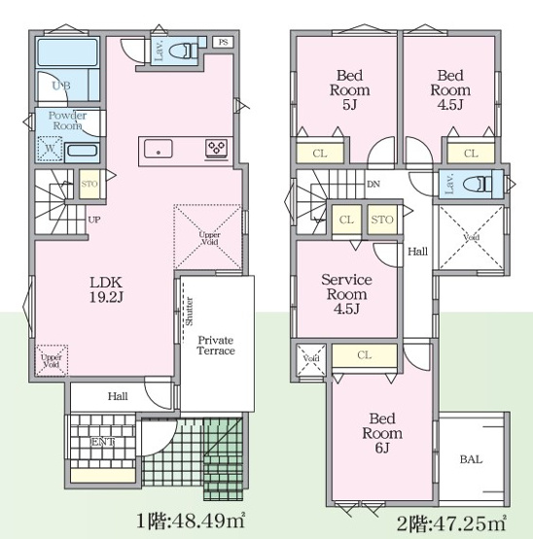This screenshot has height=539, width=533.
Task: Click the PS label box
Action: pyautogui.click(x=223, y=42)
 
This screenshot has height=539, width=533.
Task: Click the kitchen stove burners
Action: pyautogui.click(x=216, y=149)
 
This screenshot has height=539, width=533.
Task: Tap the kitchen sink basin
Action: pyautogui.click(x=158, y=149)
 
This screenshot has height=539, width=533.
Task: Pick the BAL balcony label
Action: pyautogui.click(x=471, y=459)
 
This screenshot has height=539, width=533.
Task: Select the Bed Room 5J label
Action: pyautogui.click(x=350, y=84)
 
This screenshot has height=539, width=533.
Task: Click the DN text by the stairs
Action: pyautogui.click(x=373, y=183)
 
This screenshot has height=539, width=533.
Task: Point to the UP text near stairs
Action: pyautogui.click(x=93, y=219)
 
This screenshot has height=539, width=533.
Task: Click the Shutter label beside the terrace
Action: pyautogui.click(x=188, y=313)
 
